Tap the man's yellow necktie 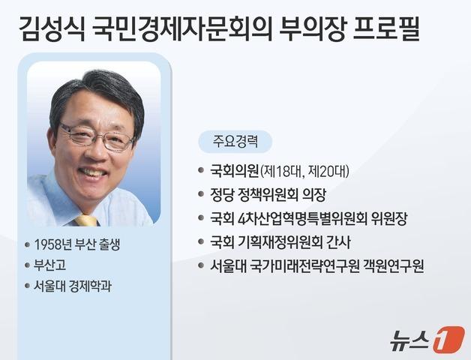tap(86, 219)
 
